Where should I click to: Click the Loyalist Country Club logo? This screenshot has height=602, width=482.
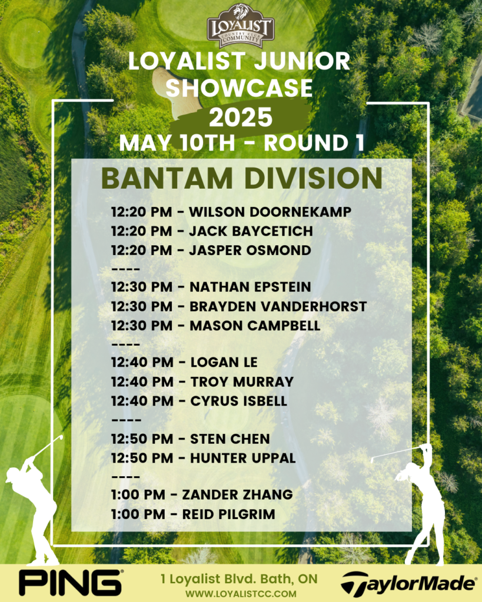(241, 26)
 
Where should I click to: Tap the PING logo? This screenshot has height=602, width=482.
(71, 583)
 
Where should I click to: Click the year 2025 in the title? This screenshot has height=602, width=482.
(241, 117)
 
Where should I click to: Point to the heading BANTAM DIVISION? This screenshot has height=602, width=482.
(242, 178)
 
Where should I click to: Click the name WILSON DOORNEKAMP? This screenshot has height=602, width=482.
(270, 212)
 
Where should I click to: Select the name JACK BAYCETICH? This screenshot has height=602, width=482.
(251, 231)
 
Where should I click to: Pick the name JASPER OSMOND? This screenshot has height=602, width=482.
(250, 250)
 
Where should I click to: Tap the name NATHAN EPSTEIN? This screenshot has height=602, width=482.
(250, 287)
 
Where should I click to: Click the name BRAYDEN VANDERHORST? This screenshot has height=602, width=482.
(278, 306)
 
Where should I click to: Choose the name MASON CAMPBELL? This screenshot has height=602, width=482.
(255, 326)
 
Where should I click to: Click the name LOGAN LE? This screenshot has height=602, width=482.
(224, 362)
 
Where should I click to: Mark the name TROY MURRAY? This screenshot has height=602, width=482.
(242, 382)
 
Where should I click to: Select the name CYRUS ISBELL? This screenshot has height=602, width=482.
(239, 401)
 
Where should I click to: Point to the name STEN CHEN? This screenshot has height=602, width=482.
(230, 439)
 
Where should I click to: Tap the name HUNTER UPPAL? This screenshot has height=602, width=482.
(243, 458)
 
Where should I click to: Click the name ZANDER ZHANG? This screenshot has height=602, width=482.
(238, 494)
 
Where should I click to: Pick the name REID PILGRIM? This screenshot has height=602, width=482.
(229, 514)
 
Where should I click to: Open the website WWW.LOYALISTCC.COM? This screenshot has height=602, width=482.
(241, 594)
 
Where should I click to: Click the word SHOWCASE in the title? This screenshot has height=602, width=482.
(239, 88)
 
